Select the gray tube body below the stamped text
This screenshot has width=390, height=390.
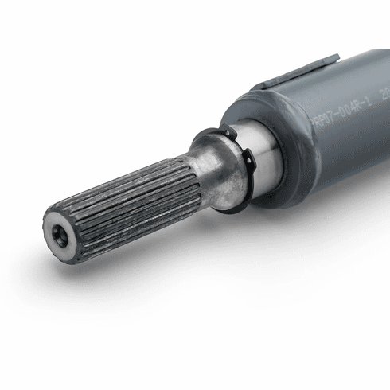click(350, 151)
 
